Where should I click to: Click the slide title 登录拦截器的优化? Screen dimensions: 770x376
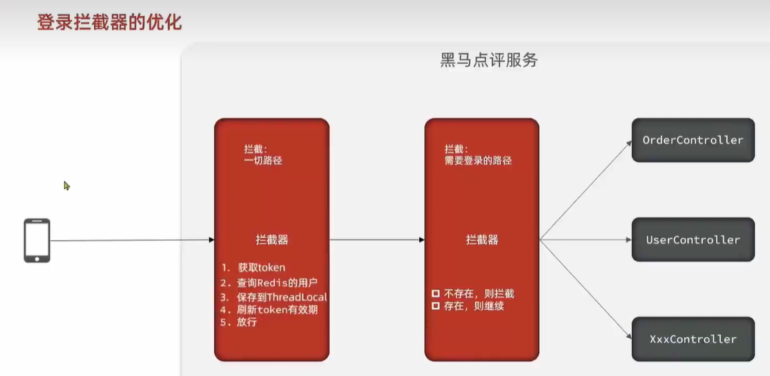(110, 22)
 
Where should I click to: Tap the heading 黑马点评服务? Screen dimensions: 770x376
(489, 60)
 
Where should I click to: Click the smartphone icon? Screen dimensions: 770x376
(37, 240)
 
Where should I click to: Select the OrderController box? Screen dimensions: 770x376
(693, 140)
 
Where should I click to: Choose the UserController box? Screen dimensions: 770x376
(693, 239)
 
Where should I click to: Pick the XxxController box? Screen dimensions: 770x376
(693, 339)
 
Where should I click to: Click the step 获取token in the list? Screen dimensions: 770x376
(260, 267)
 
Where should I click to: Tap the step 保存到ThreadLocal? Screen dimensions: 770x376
(282, 297)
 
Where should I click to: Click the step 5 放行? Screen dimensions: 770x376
(247, 322)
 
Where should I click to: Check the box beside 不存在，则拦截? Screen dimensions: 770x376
(435, 294)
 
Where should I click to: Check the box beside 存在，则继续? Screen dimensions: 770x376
(435, 305)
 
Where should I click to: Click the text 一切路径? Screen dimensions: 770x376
(263, 160)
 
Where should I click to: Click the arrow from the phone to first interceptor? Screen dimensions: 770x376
(132, 240)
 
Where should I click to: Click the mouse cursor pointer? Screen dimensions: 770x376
(66, 186)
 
